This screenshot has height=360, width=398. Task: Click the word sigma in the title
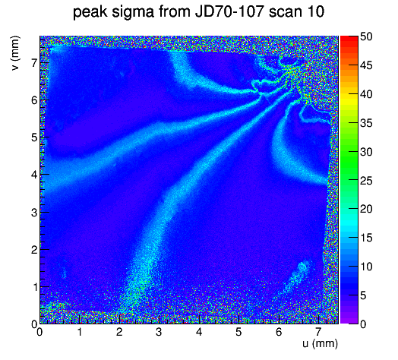(132, 12)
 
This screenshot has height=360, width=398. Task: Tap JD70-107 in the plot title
(229, 11)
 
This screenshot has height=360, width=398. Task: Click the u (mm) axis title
(320, 344)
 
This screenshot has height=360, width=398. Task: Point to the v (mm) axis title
(15, 53)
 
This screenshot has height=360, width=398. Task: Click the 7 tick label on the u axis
(318, 332)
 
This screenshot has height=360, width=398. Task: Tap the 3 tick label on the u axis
(159, 332)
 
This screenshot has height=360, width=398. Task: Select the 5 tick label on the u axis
(238, 332)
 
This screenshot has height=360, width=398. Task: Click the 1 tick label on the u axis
(80, 332)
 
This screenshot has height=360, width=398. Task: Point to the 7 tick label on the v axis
(34, 63)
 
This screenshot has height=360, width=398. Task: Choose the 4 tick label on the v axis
(34, 175)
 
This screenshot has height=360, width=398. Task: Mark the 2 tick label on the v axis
(34, 250)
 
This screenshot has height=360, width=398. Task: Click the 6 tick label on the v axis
(34, 100)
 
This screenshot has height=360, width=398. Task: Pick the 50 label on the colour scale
(366, 36)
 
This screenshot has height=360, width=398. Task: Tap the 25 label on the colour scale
(366, 181)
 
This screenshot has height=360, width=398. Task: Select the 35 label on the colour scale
(366, 123)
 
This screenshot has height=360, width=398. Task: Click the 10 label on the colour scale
(366, 267)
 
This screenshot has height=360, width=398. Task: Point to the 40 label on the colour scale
(366, 94)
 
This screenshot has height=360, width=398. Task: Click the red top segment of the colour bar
(349, 39)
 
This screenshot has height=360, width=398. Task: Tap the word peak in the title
(90, 11)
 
